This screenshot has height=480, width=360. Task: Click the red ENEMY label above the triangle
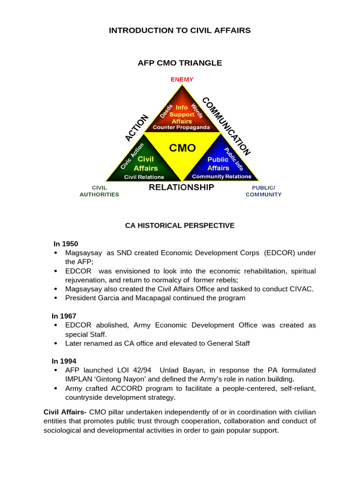click(x=182, y=79)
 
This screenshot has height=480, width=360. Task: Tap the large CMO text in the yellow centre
click(x=182, y=148)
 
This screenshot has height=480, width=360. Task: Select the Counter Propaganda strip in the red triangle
click(x=181, y=127)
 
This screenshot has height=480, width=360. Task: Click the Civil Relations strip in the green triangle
click(x=144, y=177)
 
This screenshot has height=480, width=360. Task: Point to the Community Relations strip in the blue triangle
click(x=221, y=177)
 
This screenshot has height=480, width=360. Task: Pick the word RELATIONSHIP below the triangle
click(x=181, y=187)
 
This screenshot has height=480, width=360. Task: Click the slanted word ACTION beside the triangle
click(x=136, y=127)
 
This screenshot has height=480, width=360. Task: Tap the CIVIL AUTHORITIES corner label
click(x=99, y=191)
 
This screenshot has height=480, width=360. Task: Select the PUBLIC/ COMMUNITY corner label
click(x=263, y=191)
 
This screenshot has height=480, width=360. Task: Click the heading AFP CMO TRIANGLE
click(x=180, y=63)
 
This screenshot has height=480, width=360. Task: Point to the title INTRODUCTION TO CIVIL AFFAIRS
click(x=180, y=30)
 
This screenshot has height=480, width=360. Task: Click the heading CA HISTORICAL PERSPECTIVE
click(x=180, y=225)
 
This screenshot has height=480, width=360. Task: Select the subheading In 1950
click(x=66, y=244)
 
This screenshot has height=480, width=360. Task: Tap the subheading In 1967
click(x=65, y=316)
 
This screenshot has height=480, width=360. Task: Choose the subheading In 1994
click(x=65, y=361)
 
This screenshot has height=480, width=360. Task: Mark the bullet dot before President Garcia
click(x=56, y=298)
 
